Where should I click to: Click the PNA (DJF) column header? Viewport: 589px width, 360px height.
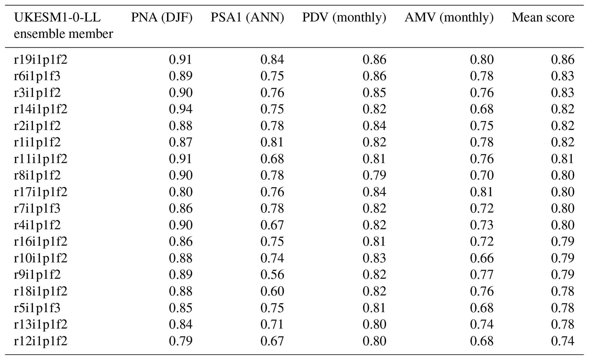[x=162, y=18]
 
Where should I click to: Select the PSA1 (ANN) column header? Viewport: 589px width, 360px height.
[x=247, y=18]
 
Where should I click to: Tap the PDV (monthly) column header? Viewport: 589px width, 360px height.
[x=344, y=18]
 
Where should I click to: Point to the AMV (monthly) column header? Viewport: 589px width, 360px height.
[x=449, y=18]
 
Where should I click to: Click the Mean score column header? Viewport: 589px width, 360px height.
[x=543, y=18]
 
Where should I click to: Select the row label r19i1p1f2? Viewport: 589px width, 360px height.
[x=40, y=60]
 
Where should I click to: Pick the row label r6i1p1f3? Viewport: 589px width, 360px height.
[x=37, y=76]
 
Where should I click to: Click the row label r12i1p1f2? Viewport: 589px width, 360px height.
[x=40, y=341]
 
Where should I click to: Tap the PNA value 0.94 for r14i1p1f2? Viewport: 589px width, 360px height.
[x=181, y=109]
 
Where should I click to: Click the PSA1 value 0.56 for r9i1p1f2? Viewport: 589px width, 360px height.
[x=272, y=275]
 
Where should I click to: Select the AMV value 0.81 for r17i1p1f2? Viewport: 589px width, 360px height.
[x=482, y=192]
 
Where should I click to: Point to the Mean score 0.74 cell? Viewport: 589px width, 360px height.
[x=562, y=341]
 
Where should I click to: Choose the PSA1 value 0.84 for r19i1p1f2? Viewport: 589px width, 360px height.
[x=272, y=60]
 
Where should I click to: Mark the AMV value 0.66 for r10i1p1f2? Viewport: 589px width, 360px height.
[x=482, y=258]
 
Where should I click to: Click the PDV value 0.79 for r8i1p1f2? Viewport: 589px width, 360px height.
[x=374, y=175]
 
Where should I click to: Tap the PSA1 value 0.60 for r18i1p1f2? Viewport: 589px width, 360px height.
[x=272, y=291]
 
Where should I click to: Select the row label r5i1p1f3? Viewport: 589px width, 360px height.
[x=37, y=308]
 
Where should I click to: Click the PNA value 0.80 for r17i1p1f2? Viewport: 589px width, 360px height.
[x=181, y=192]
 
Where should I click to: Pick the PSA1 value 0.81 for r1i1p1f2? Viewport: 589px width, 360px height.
[x=272, y=142]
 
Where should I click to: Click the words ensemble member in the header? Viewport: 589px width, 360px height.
[x=63, y=34]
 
